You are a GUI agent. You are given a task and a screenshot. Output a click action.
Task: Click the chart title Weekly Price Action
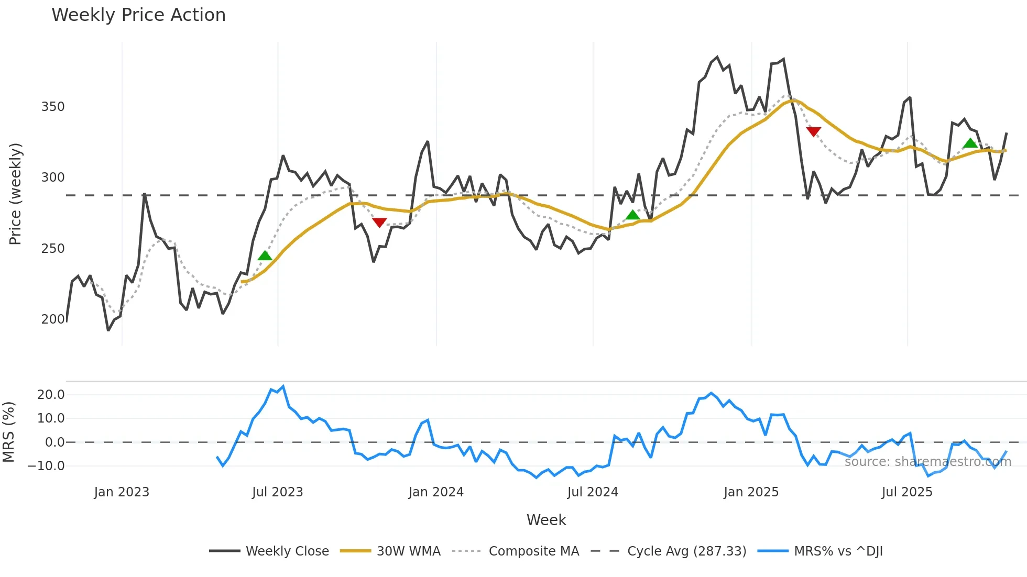(x=138, y=15)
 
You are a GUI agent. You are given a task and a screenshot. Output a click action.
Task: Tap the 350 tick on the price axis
(x=53, y=107)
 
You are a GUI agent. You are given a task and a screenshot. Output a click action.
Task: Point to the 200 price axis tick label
(x=53, y=319)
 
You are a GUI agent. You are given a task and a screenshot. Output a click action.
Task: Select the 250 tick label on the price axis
(x=53, y=248)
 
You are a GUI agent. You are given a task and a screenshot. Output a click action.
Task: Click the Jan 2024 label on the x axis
(x=436, y=492)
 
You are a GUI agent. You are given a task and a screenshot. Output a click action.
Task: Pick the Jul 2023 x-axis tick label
(x=277, y=492)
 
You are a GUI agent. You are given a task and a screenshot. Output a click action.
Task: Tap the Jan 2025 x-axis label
(x=751, y=492)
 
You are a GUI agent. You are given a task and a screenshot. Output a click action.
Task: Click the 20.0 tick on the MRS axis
(x=51, y=395)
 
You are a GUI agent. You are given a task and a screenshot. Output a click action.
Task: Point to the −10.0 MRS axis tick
(x=47, y=465)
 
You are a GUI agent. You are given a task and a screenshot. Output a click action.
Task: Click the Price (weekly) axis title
(x=16, y=194)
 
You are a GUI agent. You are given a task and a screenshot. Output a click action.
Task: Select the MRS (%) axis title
(x=8, y=432)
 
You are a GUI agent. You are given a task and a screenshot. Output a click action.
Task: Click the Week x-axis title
(x=546, y=520)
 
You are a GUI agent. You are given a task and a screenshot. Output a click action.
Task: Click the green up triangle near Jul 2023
(x=265, y=256)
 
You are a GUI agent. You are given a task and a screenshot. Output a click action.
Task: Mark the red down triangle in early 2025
(x=813, y=131)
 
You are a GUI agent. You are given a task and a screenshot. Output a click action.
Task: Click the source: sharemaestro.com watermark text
(x=927, y=462)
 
